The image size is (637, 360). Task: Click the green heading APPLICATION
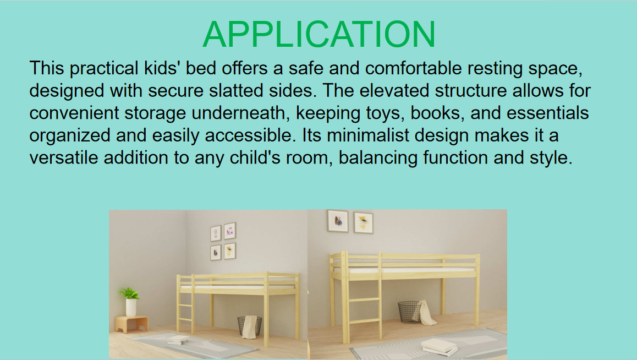pyautogui.click(x=319, y=34)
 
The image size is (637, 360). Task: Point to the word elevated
pyautogui.click(x=394, y=91)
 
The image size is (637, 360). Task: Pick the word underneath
pyautogui.click(x=240, y=113)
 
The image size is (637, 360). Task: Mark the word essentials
pyautogui.click(x=548, y=113)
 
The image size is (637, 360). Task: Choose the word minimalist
pyautogui.click(x=367, y=135)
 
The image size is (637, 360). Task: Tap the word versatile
pyautogui.click(x=64, y=157)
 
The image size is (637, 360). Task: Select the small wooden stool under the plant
pyautogui.click(x=131, y=324)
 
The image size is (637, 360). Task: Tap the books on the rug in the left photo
pyautogui.click(x=178, y=340)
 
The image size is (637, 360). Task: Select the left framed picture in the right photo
pyautogui.click(x=338, y=221)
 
